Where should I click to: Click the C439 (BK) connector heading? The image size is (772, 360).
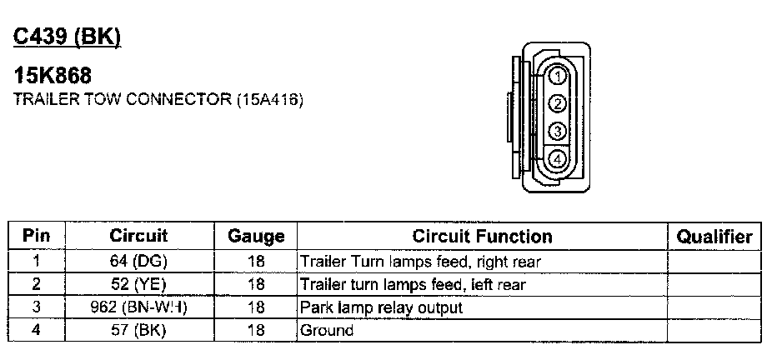(67, 37)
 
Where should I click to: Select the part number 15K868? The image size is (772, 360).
(53, 77)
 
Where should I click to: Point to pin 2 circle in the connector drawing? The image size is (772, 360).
(558, 104)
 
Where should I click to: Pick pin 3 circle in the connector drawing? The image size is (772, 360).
(558, 131)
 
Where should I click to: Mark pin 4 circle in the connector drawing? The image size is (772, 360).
(558, 157)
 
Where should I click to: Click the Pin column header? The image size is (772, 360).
(36, 236)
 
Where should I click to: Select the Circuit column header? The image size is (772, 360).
(138, 236)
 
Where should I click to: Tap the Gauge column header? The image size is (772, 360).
(256, 237)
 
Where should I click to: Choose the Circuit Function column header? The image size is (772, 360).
(482, 237)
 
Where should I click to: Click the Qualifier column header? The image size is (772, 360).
(714, 237)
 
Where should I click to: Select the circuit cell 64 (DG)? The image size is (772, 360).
(138, 262)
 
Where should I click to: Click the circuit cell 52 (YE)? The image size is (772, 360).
(138, 285)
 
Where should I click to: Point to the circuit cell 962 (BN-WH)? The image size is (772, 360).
(138, 307)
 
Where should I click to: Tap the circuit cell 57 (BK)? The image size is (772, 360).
(138, 331)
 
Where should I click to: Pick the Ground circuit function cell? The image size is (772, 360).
(327, 331)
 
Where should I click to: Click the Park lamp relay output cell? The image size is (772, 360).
(380, 307)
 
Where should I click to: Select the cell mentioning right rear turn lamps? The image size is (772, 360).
(420, 262)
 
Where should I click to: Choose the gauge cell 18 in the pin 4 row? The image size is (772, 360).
(256, 331)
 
